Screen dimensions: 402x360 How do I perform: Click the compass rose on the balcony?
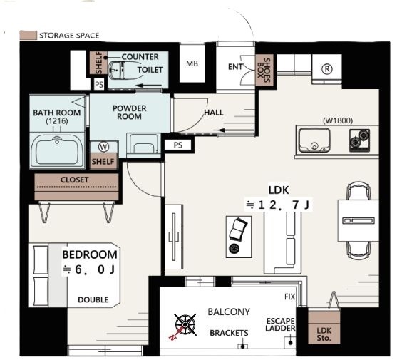coord(185,325)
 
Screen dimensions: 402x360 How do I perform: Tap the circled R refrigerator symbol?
coord(327,69)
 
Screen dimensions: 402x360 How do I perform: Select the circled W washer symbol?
coord(103,147)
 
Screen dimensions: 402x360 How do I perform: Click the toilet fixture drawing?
coord(117,70)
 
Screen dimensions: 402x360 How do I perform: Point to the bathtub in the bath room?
coord(57,150)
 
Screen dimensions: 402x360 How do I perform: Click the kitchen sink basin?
coord(314,140)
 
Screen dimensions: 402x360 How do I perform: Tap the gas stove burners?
coord(359,140)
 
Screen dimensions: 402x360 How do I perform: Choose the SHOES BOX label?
coord(264,70)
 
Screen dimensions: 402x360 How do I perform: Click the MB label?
coord(192,63)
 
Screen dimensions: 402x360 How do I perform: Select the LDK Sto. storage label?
coord(324,334)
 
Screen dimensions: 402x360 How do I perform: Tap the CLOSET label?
coord(75,180)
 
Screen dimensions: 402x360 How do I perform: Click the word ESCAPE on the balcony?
coord(281,321)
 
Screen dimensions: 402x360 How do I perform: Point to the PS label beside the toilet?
coord(99,85)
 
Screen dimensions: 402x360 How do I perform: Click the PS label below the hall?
coord(178,145)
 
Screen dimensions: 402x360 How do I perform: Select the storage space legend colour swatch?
coord(29,36)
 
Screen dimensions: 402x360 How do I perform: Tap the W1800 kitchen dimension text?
coord(338,120)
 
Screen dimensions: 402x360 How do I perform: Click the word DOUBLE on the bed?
coord(93,299)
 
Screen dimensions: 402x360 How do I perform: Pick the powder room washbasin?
coord(143,143)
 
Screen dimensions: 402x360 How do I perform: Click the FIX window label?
coord(289,297)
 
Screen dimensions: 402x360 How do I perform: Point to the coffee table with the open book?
coord(239,237)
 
